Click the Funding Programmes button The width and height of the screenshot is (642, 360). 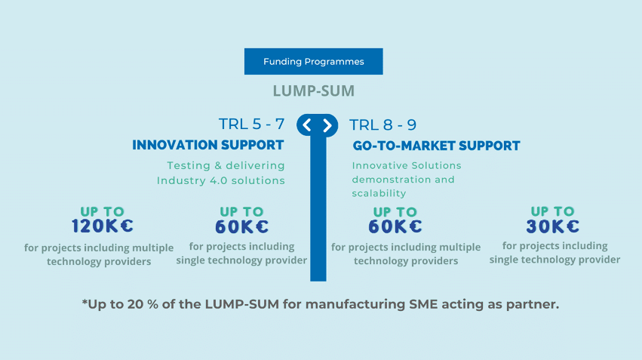[313, 62]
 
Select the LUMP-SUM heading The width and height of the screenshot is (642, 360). [313, 91]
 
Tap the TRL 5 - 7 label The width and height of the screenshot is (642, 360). [251, 125]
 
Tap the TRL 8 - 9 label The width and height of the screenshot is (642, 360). [383, 125]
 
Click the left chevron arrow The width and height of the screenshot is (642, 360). [307, 125]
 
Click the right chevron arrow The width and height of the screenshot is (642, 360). [327, 125]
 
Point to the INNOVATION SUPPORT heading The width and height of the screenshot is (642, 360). [208, 145]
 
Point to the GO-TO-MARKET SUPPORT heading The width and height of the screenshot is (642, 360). [436, 146]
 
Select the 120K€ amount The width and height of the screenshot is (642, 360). [103, 226]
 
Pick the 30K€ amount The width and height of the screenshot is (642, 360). [552, 226]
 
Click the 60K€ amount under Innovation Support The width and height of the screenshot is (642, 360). [241, 226]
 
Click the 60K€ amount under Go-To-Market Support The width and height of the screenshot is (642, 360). [395, 226]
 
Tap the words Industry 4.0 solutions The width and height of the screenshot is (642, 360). [221, 180]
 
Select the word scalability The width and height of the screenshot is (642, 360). [379, 194]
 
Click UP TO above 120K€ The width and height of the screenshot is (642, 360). [103, 212]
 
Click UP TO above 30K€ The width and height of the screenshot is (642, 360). [552, 211]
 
